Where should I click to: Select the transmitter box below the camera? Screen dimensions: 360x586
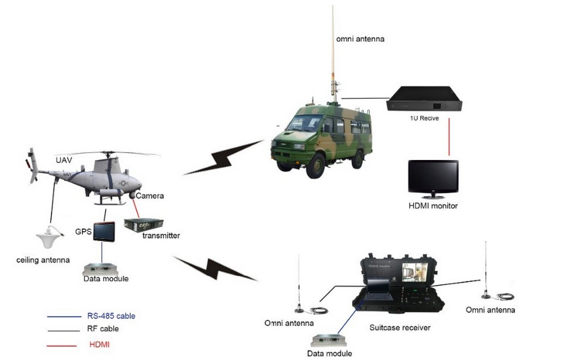(x=142, y=224)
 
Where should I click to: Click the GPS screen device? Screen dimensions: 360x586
(x=103, y=232)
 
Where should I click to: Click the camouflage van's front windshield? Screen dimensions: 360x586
(x=304, y=124)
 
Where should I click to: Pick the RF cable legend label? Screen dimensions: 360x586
(x=103, y=329)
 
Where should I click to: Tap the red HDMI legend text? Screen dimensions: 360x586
(x=99, y=344)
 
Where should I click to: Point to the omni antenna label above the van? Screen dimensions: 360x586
(x=360, y=39)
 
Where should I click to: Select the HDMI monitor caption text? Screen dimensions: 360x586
(x=433, y=206)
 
